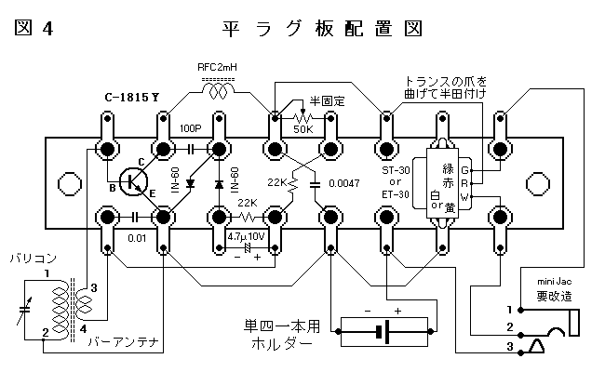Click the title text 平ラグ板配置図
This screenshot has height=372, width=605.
coord(323,27)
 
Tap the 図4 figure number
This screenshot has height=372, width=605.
coord(34,28)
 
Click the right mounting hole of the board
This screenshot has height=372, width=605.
coord(539,181)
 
